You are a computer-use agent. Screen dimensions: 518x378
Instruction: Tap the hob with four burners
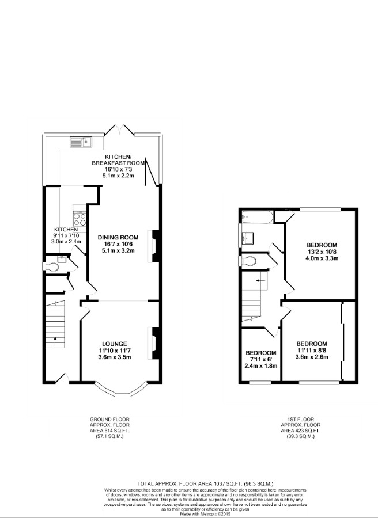pyautogui.click(x=79, y=218)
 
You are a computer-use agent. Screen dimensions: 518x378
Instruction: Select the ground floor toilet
pyautogui.click(x=53, y=266)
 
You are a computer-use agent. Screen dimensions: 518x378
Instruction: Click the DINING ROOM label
pyautogui.click(x=118, y=237)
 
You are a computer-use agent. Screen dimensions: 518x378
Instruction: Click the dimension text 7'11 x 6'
pyautogui.click(x=260, y=359)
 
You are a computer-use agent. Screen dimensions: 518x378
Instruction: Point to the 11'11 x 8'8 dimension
pyautogui.click(x=312, y=350)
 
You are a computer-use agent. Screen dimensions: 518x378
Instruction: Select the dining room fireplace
pyautogui.click(x=154, y=246)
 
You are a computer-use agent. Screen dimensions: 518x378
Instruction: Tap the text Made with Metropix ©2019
pyautogui.click(x=188, y=513)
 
